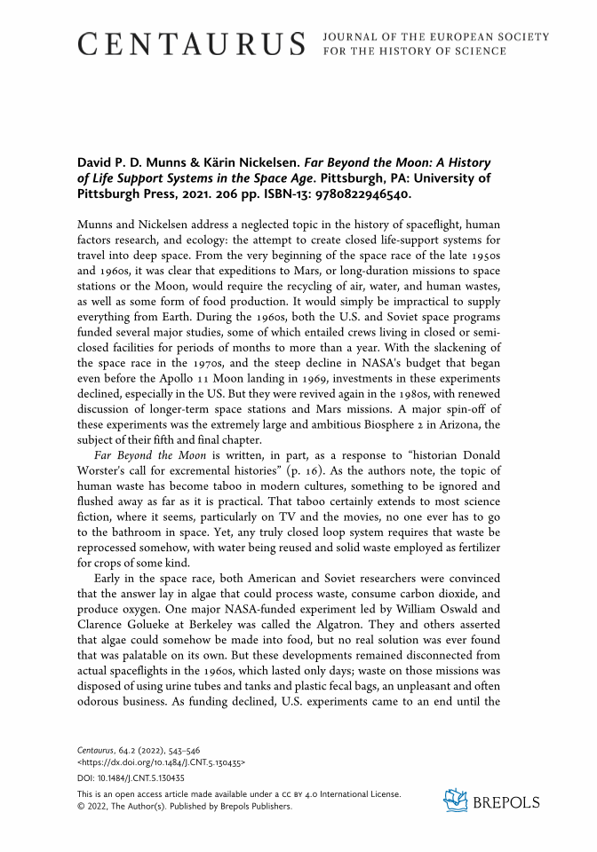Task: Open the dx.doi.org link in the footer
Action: [x=162, y=762]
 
